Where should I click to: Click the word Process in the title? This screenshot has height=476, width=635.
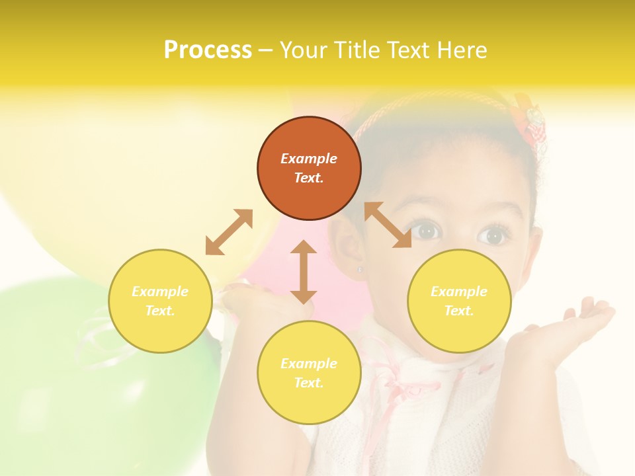coord(208,50)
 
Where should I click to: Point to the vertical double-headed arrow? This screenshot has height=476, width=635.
coord(304,272)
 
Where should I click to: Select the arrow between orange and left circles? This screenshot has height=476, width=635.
coord(229,232)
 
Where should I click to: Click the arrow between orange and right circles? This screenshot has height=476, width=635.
coord(388,225)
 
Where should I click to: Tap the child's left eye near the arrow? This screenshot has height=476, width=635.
coord(428,231)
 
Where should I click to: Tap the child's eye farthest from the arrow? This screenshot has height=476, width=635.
coord(493,235)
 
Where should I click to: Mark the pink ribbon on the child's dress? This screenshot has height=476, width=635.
coord(397,383)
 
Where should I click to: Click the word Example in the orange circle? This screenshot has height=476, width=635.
coord(309,159)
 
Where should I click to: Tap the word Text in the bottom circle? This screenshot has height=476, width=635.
coord(309,383)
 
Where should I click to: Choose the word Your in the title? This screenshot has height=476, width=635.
coord(302,50)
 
